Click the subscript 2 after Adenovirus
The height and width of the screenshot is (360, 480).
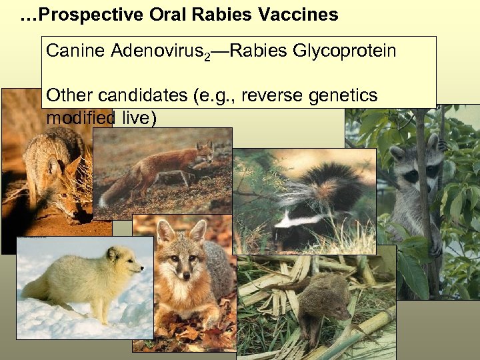pos(207,57)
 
